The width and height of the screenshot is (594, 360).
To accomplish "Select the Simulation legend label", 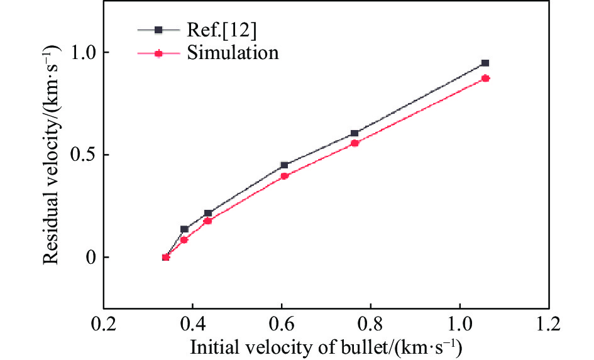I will [232, 53].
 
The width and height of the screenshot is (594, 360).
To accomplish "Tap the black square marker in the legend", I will [159, 30].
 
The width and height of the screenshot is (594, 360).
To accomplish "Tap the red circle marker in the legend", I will [159, 53].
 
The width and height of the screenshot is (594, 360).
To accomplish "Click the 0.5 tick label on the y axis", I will [82, 155].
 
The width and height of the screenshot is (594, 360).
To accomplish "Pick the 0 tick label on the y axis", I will [87, 258].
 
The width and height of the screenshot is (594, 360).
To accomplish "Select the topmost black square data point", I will [485, 63].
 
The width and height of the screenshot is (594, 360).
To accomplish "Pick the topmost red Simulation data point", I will [485, 78].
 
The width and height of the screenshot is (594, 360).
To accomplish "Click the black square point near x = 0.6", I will [284, 165].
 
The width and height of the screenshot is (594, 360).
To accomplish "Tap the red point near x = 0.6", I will [284, 176].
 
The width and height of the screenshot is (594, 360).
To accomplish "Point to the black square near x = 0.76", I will [355, 133].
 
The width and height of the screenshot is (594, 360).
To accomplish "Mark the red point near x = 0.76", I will [355, 143].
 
